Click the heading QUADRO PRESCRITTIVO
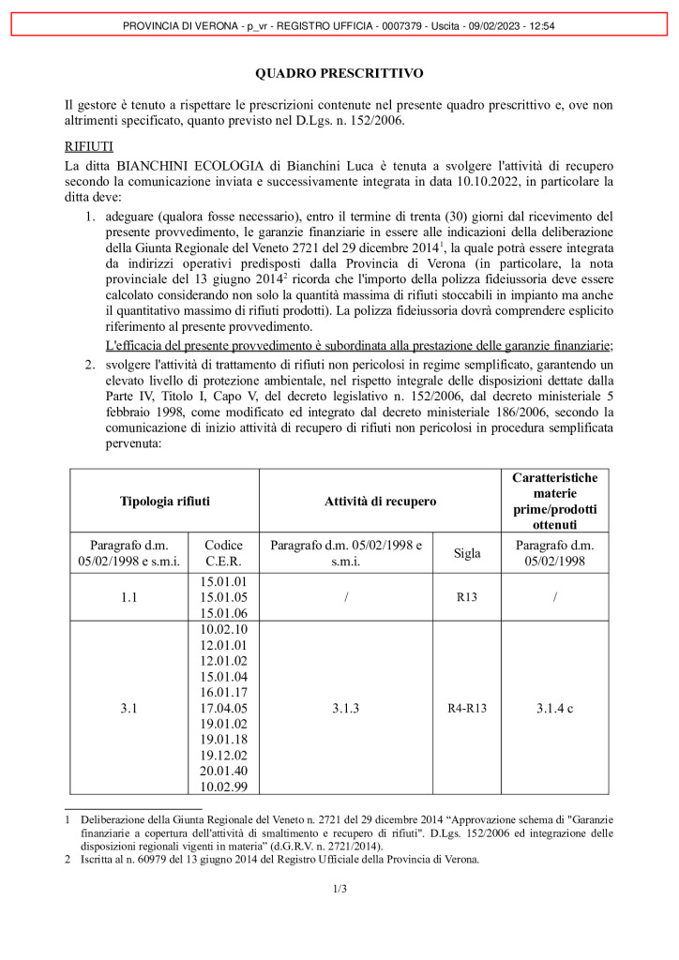tap(339, 73)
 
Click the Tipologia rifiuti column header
tap(164, 502)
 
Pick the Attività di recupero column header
tap(380, 502)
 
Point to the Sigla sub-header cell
tap(467, 553)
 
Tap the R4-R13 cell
tap(467, 709)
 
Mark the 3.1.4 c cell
tap(555, 709)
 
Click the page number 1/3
tap(339, 889)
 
